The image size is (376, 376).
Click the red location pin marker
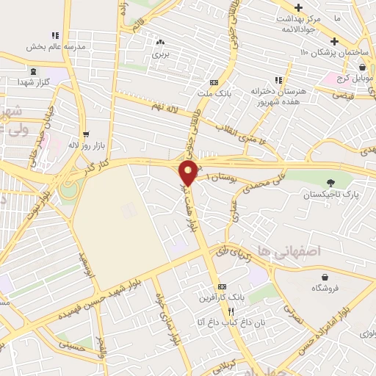pos(189,173)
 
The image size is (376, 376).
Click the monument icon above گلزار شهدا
pos(35,72)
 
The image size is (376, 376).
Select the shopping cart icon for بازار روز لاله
pos(86,134)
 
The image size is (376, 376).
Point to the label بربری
pos(160,54)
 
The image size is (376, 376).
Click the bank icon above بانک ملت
pos(214,82)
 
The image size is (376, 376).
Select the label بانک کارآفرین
pos(220,298)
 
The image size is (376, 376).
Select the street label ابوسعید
pos(87,259)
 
